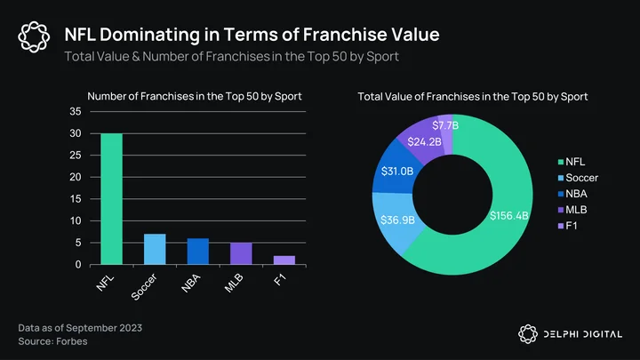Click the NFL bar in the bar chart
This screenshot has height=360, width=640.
(111, 199)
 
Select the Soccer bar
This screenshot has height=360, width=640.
(155, 249)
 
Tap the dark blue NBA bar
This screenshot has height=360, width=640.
(198, 252)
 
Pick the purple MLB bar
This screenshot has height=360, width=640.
(241, 253)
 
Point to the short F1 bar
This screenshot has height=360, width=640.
(284, 260)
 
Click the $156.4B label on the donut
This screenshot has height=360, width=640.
(509, 215)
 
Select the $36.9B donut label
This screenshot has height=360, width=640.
(397, 220)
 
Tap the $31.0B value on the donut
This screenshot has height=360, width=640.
(397, 171)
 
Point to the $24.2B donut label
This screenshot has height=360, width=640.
(425, 141)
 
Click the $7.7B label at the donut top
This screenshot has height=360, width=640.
(445, 125)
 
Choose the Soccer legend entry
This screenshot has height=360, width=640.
(578, 178)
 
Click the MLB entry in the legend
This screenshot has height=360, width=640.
(572, 210)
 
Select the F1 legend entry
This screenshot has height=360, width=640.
(568, 226)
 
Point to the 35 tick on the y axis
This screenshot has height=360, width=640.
(76, 111)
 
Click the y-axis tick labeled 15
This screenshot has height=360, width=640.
(76, 199)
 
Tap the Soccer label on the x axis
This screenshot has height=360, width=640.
(144, 287)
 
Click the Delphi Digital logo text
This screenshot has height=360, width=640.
(582, 334)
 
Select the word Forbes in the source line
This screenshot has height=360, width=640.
(72, 341)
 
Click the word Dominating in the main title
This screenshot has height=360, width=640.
(149, 35)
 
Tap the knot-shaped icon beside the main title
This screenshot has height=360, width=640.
(34, 36)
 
